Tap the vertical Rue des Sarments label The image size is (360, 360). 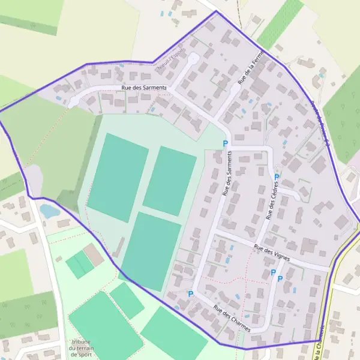pyautogui.click(x=227, y=173)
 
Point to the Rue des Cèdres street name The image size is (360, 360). pyautogui.click(x=272, y=202)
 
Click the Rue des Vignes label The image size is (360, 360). pyautogui.click(x=271, y=250)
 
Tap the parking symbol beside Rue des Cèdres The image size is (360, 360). pyautogui.click(x=277, y=177)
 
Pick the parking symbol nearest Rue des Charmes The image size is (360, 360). pyautogui.click(x=191, y=294)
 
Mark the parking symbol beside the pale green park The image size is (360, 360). pyautogui.click(x=226, y=143)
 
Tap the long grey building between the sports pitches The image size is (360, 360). pyautogui.click(x=118, y=247)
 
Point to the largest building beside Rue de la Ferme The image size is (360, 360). pyautogui.click(x=260, y=88)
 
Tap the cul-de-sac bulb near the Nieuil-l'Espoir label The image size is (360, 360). pyautogui.click(x=193, y=58)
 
